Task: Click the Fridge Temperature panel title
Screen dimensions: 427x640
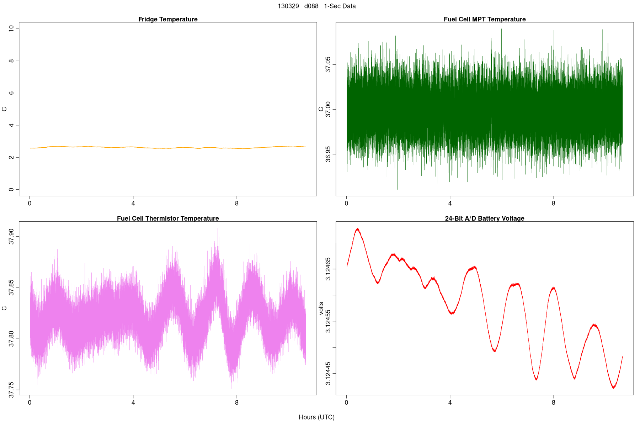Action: tap(168, 19)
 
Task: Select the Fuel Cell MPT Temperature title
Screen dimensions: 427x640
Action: tap(485, 19)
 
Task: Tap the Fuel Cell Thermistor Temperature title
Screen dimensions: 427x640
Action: tap(168, 218)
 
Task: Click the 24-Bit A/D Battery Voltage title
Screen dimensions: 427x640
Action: tap(485, 218)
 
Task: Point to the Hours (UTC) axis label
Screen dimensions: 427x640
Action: tap(316, 417)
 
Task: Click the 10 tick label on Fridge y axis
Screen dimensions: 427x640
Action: tap(11, 28)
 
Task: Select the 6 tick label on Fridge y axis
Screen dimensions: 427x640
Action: tap(11, 93)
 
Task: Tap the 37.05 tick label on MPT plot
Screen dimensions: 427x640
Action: tap(328, 64)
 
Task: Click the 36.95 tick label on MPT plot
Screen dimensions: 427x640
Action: tap(328, 154)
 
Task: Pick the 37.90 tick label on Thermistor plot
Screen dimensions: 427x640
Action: tap(11, 237)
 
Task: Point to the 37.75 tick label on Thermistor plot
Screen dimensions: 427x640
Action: tap(11, 390)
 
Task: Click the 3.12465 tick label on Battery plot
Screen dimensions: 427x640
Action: tap(328, 269)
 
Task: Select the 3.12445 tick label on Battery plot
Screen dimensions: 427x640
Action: tap(328, 374)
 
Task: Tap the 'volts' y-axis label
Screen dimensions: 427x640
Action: tap(321, 308)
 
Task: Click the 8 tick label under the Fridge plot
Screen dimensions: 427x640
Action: tap(237, 204)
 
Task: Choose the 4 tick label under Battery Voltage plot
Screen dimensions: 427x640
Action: tap(450, 403)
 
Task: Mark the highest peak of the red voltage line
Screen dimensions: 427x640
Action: tap(357, 229)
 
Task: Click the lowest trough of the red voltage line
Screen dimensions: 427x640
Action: tap(613, 388)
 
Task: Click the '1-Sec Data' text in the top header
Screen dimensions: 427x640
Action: tap(340, 6)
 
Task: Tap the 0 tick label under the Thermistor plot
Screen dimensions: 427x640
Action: tap(30, 403)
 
